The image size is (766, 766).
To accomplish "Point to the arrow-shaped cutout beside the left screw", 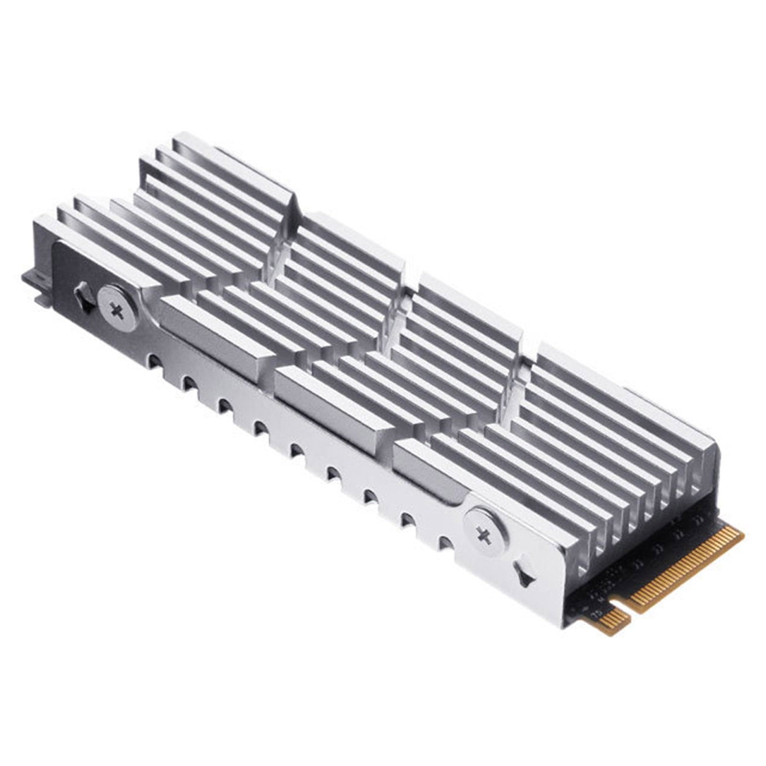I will pos(85,297).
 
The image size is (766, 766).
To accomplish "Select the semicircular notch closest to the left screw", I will pos(153,359).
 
